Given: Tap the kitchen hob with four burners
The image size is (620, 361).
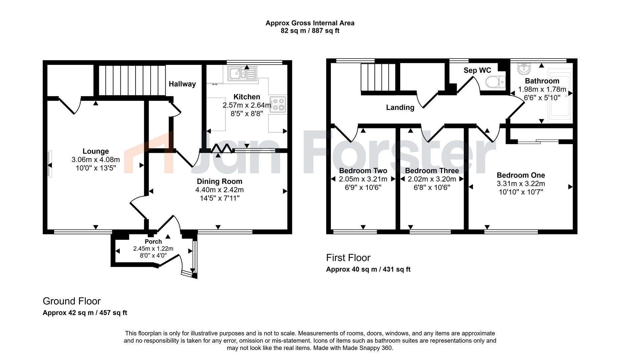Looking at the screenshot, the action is click(x=278, y=105).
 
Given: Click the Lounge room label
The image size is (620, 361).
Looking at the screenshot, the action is click(x=96, y=151).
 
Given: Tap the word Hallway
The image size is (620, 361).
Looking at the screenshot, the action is click(x=182, y=84).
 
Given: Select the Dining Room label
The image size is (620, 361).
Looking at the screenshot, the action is click(x=219, y=182).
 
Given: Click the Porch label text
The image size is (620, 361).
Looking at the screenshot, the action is click(x=153, y=242).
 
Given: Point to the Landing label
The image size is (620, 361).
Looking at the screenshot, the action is click(x=400, y=108).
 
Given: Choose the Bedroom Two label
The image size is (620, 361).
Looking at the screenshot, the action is click(x=363, y=171).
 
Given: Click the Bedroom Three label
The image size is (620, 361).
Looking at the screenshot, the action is click(x=432, y=171).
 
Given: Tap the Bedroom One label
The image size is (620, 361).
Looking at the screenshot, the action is click(x=521, y=175).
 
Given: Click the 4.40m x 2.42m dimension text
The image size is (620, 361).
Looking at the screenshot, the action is click(x=219, y=190).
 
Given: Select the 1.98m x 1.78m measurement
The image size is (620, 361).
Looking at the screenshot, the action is click(x=542, y=89).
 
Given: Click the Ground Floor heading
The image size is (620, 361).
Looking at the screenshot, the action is click(x=72, y=301).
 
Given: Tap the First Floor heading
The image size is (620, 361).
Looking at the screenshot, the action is click(x=348, y=258).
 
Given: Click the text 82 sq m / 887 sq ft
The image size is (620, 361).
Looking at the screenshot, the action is click(x=310, y=31).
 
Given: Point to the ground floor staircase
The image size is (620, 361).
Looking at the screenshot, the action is click(x=132, y=81).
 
